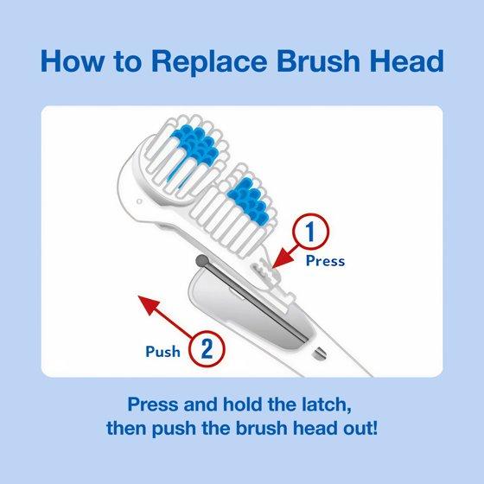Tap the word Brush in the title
pyautogui.click(x=319, y=61)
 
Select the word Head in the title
pyautogui.click(x=407, y=61)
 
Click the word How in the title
pyautogui.click(x=73, y=61)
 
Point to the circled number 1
pyautogui.click(x=311, y=232)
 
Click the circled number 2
pyautogui.click(x=207, y=348)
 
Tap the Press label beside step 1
pyautogui.click(x=325, y=261)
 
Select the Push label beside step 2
pyautogui.click(x=163, y=352)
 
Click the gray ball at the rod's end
pyautogui.click(x=202, y=261)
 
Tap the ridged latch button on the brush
pyautogui.click(x=262, y=268)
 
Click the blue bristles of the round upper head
pyautogui.click(x=196, y=145)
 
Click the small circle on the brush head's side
pyautogui.click(x=139, y=201)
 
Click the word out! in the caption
pyautogui.click(x=361, y=429)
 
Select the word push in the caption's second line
pyautogui.click(x=174, y=430)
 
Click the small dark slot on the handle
pyautogui.click(x=319, y=353)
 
